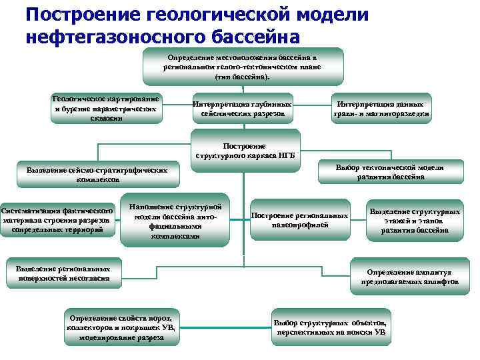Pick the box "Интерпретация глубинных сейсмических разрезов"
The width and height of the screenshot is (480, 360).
(242, 109)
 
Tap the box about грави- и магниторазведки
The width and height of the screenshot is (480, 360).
(381, 109)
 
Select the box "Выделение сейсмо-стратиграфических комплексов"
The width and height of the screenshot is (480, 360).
(97, 175)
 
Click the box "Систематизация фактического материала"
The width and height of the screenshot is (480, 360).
(57, 221)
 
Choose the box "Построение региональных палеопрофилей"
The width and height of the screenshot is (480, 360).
(300, 220)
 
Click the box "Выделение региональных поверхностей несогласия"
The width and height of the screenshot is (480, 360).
(63, 273)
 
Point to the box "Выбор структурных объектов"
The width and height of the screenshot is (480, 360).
(331, 327)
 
